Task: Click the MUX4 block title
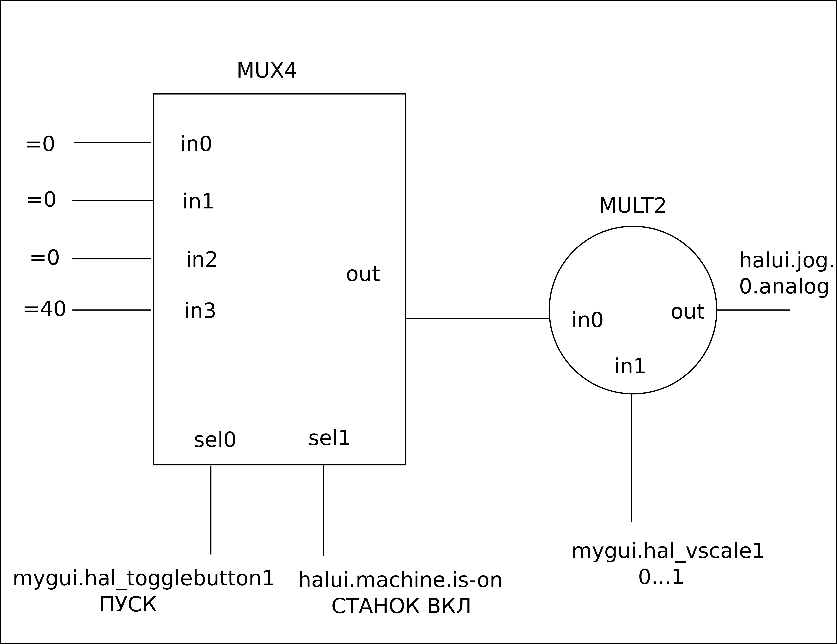(266, 71)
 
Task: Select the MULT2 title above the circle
(632, 206)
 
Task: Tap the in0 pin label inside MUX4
(196, 144)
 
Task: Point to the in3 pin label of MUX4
(200, 311)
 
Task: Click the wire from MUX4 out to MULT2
(477, 319)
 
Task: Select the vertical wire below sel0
(211, 510)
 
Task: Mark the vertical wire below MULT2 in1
(631, 458)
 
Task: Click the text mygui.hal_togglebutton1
(143, 579)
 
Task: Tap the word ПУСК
(128, 604)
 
